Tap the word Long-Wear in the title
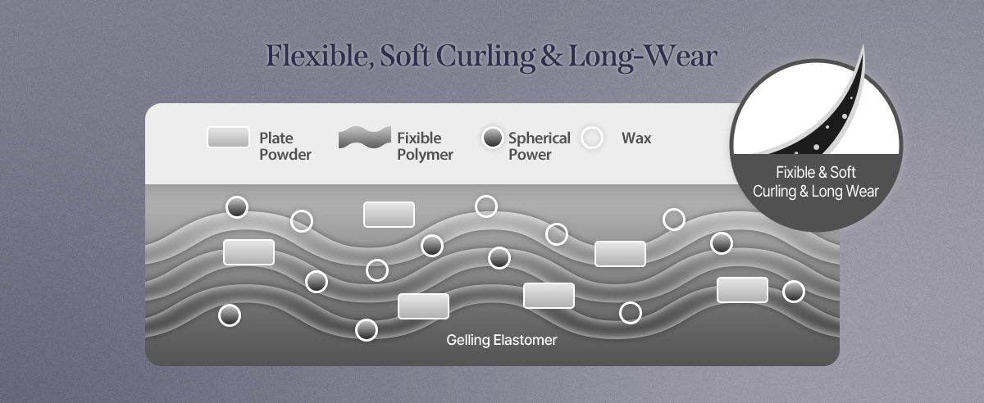pos(643,57)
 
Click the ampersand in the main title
pos(551,57)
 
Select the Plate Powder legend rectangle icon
pos(228,138)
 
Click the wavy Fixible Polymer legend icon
pos(364,138)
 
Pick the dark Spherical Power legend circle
pos(493,138)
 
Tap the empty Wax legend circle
pos(592,138)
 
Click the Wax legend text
pos(636,138)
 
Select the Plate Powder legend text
pos(285,146)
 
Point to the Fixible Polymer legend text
pos(425,146)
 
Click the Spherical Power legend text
pos(540,146)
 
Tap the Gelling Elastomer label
pos(502,340)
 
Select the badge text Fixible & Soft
pos(816,172)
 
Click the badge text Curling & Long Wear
pos(816,192)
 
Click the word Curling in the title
pos(485,57)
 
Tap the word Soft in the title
pos(404,56)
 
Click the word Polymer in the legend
pos(425,155)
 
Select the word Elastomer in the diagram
pos(525,340)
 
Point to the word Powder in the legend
pos(285,155)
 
